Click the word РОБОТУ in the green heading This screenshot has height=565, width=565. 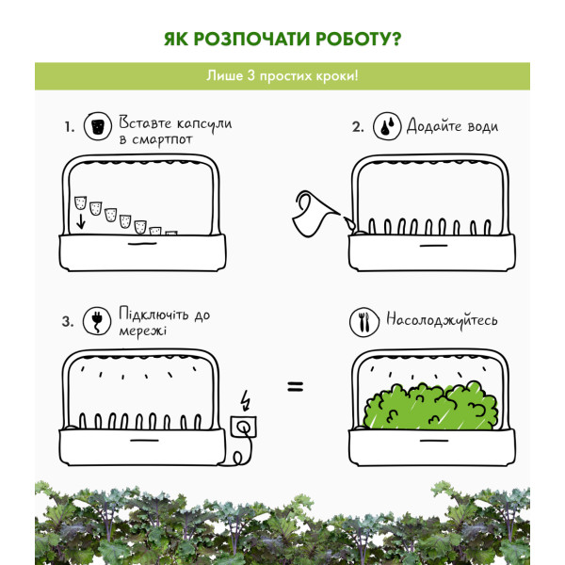[358, 39]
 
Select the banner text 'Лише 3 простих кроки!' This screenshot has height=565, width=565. [282, 76]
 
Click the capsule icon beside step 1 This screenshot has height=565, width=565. [98, 127]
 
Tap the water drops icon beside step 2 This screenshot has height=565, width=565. [387, 126]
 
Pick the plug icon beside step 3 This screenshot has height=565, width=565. [97, 321]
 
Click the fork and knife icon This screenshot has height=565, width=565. [364, 322]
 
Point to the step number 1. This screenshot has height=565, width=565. [70, 127]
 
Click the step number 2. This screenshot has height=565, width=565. [358, 127]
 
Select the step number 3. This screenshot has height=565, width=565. [68, 321]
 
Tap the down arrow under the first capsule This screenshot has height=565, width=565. [81, 221]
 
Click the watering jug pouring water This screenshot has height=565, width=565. [315, 214]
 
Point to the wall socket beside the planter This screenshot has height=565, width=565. [244, 427]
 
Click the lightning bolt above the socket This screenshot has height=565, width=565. [246, 400]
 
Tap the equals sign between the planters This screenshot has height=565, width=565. [296, 387]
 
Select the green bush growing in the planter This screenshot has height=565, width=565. [430, 406]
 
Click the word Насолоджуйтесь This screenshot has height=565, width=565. [442, 320]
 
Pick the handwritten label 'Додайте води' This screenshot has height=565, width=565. [453, 126]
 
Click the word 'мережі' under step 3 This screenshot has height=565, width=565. [143, 331]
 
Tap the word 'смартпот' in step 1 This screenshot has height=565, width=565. [162, 140]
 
